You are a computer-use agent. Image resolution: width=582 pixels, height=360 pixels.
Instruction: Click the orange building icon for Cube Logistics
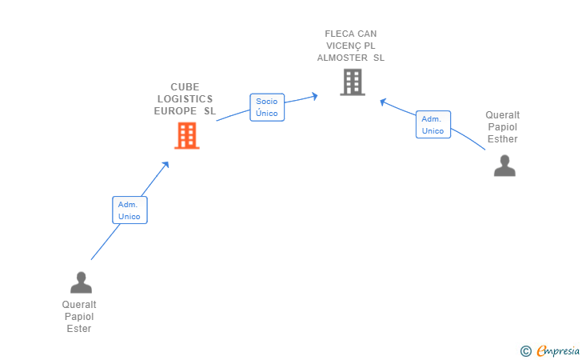tap(186, 136)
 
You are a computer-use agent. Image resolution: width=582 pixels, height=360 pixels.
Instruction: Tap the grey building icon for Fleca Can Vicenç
tap(352, 82)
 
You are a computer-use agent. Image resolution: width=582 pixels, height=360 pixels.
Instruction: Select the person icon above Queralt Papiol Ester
tap(81, 282)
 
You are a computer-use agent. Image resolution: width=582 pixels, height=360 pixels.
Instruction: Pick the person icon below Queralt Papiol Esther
tap(504, 166)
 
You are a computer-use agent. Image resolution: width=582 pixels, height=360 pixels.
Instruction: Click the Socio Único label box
tap(267, 107)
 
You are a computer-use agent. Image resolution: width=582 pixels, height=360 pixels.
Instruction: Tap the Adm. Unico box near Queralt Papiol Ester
tap(130, 210)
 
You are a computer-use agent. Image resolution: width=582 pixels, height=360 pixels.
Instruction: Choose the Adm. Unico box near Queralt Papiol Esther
tap(433, 125)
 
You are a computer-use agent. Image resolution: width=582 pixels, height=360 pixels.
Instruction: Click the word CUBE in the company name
tap(185, 87)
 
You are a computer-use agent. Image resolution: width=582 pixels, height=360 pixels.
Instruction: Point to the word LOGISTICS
tap(185, 99)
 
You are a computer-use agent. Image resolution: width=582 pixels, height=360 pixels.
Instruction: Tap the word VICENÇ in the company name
tap(338, 46)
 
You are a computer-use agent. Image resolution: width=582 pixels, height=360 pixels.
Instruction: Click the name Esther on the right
tap(503, 139)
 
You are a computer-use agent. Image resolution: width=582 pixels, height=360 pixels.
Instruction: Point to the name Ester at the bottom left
tap(79, 329)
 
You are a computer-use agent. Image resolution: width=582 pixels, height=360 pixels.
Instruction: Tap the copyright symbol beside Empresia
tap(525, 350)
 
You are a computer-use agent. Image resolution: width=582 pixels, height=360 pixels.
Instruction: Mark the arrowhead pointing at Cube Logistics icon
tap(166, 164)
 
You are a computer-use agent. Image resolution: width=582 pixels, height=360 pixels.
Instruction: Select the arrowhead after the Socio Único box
tap(315, 96)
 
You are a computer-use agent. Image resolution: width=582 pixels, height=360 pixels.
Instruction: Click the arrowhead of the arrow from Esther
tap(383, 101)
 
